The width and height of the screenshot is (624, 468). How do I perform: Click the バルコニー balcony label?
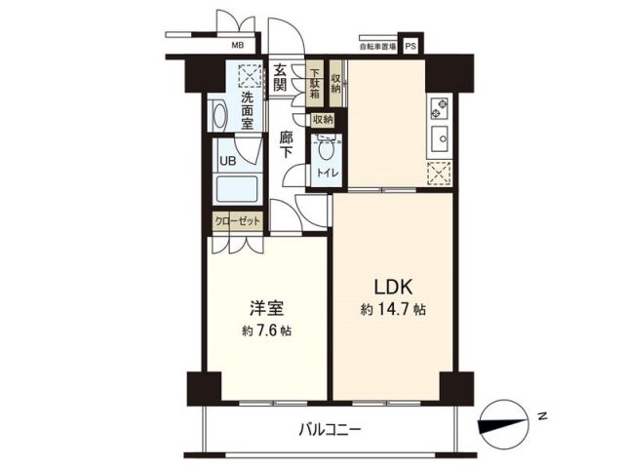[330, 428]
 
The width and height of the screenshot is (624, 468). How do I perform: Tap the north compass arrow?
[504, 421]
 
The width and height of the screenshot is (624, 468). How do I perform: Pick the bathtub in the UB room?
[235, 189]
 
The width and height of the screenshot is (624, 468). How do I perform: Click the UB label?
[226, 161]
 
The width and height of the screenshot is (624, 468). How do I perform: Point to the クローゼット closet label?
[238, 222]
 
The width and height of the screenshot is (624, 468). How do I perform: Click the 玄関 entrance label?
[280, 77]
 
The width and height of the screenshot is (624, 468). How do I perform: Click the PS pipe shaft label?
[410, 45]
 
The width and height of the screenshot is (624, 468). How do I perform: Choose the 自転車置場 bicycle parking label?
[376, 46]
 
